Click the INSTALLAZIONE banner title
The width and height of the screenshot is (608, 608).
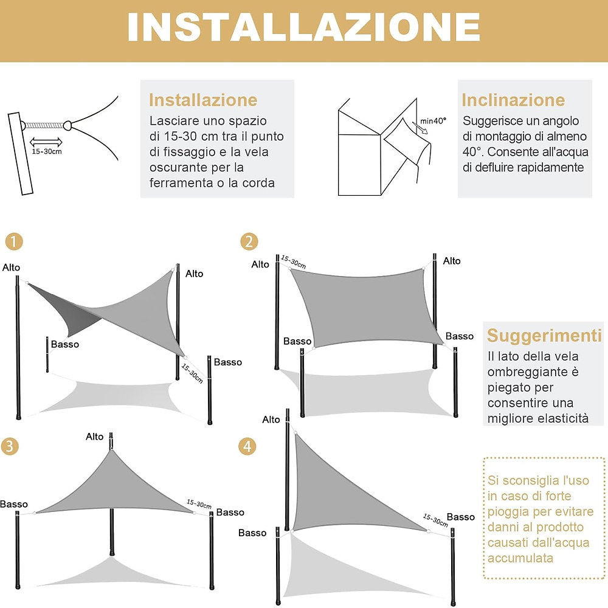[303, 27]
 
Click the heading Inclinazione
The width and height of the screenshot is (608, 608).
[513, 100]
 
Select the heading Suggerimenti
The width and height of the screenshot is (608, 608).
[544, 336]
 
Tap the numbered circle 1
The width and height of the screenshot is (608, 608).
[14, 242]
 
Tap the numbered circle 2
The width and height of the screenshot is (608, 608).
[248, 242]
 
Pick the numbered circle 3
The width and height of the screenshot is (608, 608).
[9, 446]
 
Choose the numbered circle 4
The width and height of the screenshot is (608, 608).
[247, 446]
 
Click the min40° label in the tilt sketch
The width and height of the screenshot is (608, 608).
[432, 121]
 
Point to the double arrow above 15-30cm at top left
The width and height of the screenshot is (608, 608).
[46, 141]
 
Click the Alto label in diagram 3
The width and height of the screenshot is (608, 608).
[95, 437]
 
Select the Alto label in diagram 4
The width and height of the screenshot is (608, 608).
[271, 420]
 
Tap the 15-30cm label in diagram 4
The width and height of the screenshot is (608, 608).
[435, 520]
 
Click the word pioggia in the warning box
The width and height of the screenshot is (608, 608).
[510, 512]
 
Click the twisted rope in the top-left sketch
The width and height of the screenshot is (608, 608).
[46, 125]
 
